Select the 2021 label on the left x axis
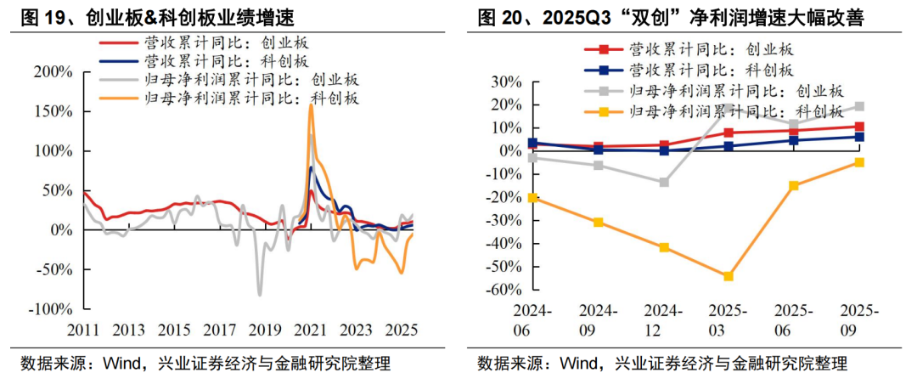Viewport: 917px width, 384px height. pyautogui.click(x=314, y=329)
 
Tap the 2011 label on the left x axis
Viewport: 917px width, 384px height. pyautogui.click(x=85, y=329)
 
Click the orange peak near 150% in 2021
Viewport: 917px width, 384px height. pyautogui.click(x=311, y=105)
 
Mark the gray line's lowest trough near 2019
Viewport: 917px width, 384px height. pyautogui.click(x=259, y=294)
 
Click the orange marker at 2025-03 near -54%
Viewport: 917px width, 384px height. pyautogui.click(x=728, y=276)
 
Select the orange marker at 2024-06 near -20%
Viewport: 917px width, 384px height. pyautogui.click(x=532, y=197)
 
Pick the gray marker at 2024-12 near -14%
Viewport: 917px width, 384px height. pyautogui.click(x=664, y=182)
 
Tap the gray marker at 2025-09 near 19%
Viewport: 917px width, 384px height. pyautogui.click(x=859, y=106)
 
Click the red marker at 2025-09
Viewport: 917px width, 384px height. pyautogui.click(x=859, y=127)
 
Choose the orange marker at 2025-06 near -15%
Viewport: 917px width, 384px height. pyautogui.click(x=794, y=185)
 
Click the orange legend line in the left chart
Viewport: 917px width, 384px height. pyautogui.click(x=119, y=99)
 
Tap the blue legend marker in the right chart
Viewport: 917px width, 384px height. pyautogui.click(x=604, y=70)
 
